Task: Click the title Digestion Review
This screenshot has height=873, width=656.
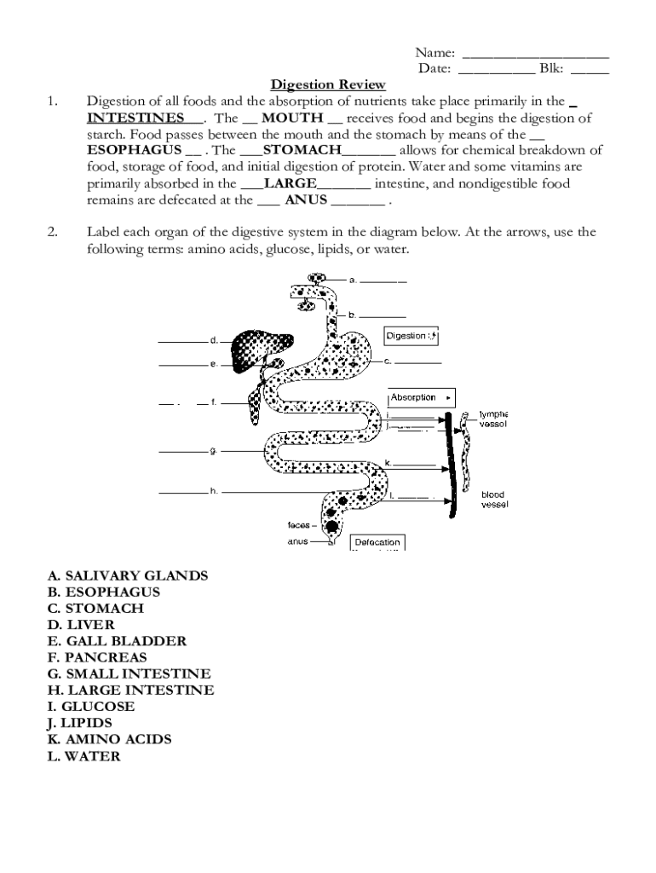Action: tap(328, 84)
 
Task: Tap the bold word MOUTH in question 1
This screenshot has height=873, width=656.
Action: tap(292, 118)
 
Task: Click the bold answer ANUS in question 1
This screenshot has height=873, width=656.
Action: tap(306, 199)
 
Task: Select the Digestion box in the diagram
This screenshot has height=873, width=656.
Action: tap(411, 336)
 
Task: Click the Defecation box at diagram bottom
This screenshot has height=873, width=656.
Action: tap(377, 542)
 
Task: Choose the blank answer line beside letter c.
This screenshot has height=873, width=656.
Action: tap(420, 362)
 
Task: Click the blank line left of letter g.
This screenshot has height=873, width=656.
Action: tap(182, 450)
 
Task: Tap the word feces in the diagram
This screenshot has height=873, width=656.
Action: tap(298, 525)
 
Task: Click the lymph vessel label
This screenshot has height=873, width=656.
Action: tap(492, 419)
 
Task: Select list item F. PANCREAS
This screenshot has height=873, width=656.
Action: tap(97, 657)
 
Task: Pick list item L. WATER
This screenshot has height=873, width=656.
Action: tap(83, 755)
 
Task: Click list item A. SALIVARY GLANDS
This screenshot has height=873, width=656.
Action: tap(127, 575)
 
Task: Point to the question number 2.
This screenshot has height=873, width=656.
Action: tap(52, 232)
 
